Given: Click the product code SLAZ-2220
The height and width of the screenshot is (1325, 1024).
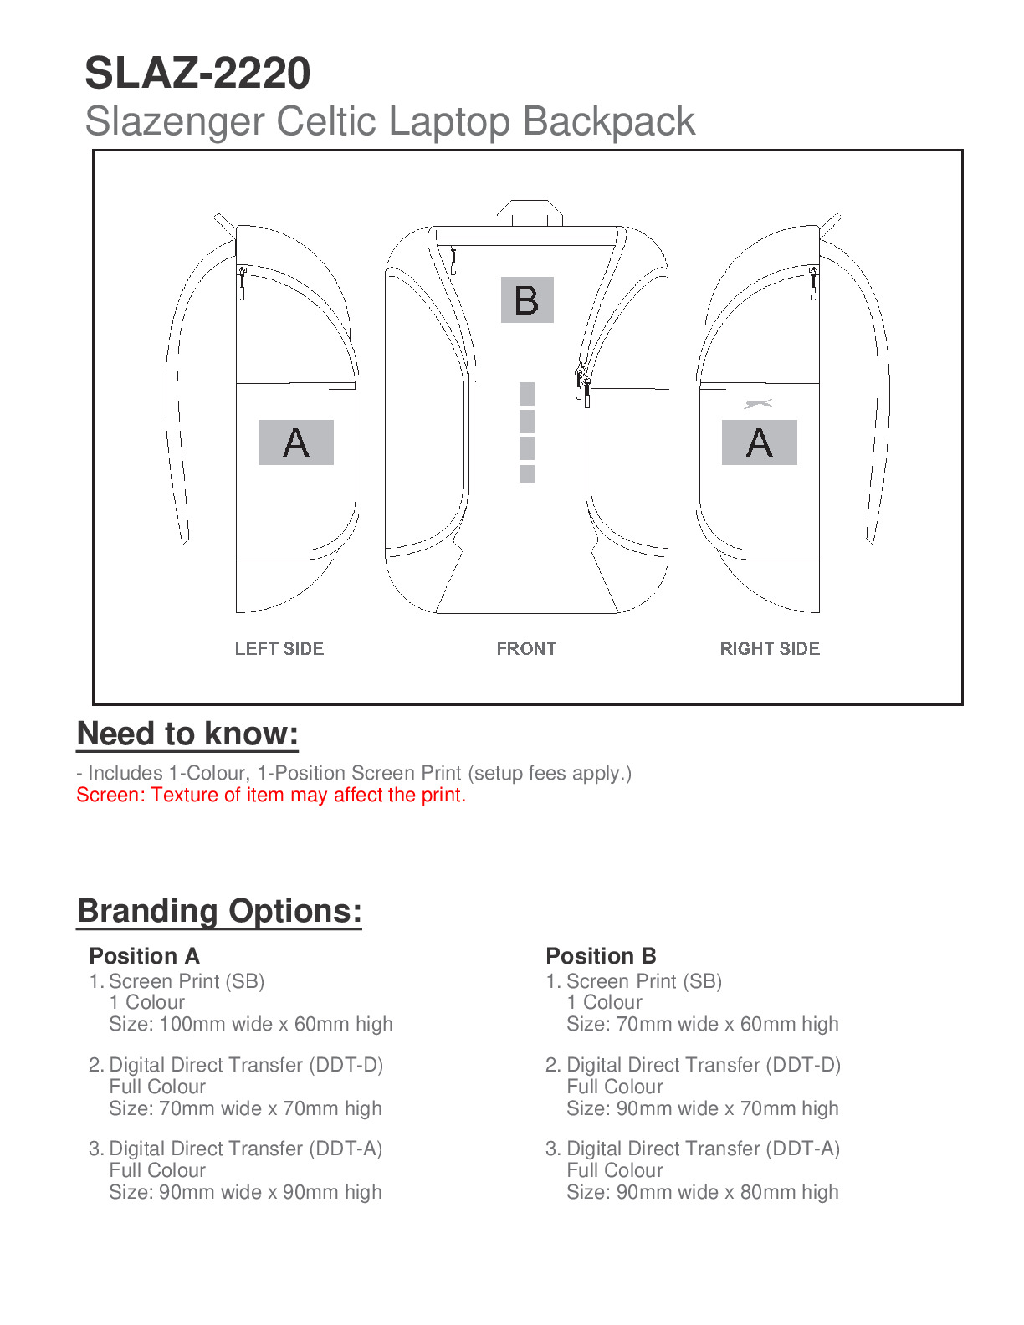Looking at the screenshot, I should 197,74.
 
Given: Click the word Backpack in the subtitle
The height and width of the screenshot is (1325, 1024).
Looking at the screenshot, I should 609,121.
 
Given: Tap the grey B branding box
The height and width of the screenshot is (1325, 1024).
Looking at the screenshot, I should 527,299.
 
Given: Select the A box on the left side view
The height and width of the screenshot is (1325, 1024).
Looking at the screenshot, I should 296,443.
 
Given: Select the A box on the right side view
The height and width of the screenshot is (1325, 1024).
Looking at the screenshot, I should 759,443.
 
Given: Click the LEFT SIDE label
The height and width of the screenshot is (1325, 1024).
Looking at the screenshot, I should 279,649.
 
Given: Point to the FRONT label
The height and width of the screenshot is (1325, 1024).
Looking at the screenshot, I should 526,649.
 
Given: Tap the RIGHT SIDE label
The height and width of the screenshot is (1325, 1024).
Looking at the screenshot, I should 770,649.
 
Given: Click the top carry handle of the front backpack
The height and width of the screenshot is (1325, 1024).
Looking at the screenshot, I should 530,209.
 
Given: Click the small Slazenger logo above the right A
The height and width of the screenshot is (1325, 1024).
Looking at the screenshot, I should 758,404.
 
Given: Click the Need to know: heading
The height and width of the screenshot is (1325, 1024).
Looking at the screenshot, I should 187,734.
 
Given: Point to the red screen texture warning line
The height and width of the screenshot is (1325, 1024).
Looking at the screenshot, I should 271,795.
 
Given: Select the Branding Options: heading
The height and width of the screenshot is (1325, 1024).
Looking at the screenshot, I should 219,911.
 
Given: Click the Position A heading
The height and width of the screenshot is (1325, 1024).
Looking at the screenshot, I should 144,956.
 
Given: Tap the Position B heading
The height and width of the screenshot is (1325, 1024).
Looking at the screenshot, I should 601,956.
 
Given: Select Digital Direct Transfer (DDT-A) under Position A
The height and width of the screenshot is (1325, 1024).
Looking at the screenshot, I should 245,1149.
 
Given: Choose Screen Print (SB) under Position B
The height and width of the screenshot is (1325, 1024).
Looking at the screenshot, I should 643,981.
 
